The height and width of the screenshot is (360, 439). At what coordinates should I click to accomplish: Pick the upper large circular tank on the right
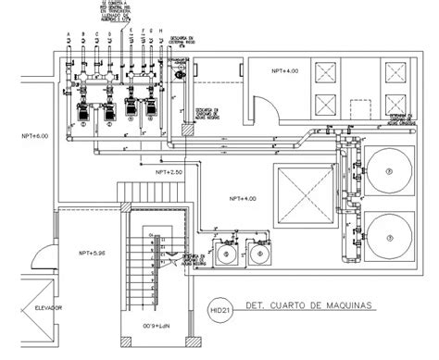(x=390, y=170)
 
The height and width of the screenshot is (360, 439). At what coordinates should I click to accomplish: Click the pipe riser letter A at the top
(x=69, y=39)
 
